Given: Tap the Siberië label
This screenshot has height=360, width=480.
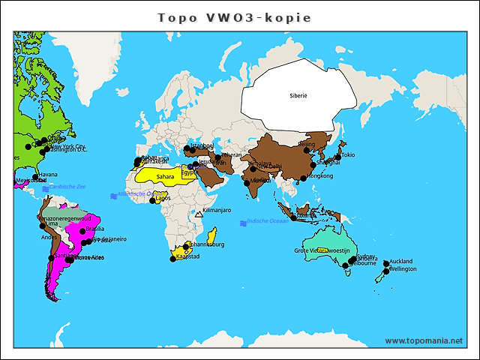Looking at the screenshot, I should [298, 96].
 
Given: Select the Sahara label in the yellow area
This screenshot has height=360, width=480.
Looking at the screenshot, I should [165, 177].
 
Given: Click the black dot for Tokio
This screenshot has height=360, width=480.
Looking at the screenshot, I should [337, 154].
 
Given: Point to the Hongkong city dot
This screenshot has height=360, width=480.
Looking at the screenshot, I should [303, 178].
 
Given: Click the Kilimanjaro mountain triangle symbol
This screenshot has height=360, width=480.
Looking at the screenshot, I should [198, 214].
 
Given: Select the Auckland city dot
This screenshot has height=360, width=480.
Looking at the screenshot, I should [386, 263].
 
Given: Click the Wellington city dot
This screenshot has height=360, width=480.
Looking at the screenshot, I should [385, 271].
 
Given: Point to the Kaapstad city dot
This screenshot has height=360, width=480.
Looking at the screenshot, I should [172, 259].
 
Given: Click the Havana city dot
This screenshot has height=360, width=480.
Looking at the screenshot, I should [35, 177].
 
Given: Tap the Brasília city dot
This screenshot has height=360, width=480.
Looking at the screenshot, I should [82, 231].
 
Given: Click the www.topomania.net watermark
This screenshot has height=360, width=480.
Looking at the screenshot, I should [424, 340].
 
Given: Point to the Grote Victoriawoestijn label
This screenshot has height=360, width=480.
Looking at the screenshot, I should [321, 250].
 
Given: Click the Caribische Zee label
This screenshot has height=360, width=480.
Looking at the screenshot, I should [67, 186].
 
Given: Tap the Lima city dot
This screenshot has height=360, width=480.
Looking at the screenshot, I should [42, 224].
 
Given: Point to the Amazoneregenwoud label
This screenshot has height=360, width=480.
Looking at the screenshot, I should [64, 217].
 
